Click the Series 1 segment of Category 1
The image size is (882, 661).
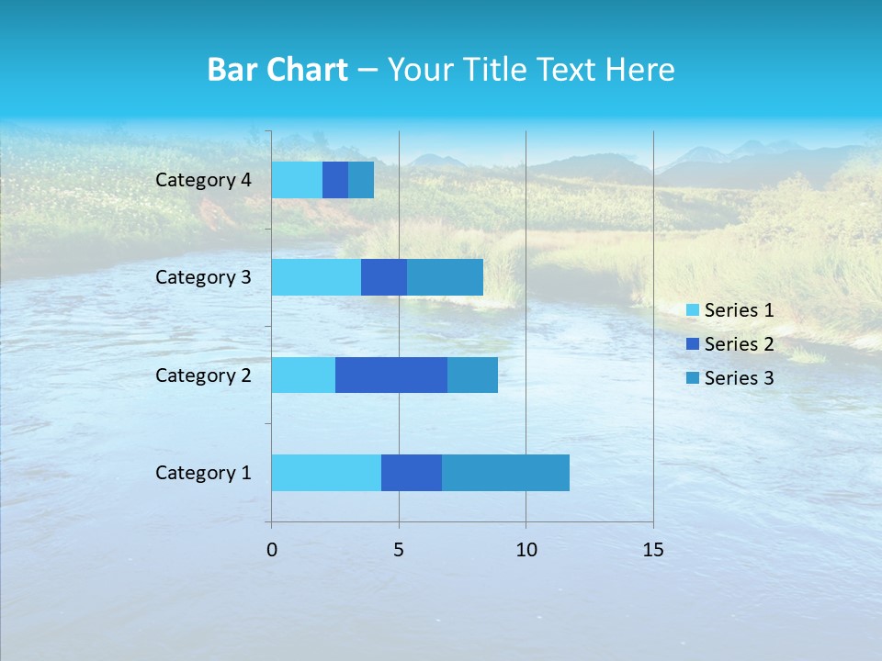coord(326,473)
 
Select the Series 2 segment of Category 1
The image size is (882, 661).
coord(412,473)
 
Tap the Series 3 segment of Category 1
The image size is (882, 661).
coord(505,473)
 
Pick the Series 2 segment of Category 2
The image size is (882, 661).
coord(391,375)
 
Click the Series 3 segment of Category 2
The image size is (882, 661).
coord(472,375)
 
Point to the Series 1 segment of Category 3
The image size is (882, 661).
coord(316,277)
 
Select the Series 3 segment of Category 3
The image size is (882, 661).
coord(445,277)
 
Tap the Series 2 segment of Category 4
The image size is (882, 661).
coord(335,180)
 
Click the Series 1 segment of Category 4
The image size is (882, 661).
coord(297,180)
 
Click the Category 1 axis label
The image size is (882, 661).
coord(203,473)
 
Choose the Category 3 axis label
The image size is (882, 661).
coord(203,277)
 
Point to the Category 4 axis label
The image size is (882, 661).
coord(203,180)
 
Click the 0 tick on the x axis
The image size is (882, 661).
coord(272,550)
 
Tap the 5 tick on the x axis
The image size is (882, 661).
coord(399,550)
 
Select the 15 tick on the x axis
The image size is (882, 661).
coord(652,550)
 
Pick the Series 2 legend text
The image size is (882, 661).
coord(739,344)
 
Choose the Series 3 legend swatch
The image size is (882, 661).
coord(692,378)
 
